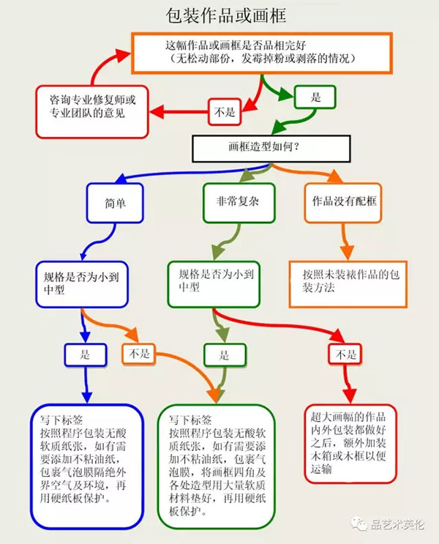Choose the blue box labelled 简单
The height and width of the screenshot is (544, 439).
pos(116,201)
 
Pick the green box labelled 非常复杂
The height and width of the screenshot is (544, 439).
pos(238,201)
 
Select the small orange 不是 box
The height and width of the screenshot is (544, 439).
pos(140,354)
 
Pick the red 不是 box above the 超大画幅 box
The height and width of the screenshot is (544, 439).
pos(345,355)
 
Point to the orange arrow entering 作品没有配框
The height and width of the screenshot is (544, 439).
pos(334,177)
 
